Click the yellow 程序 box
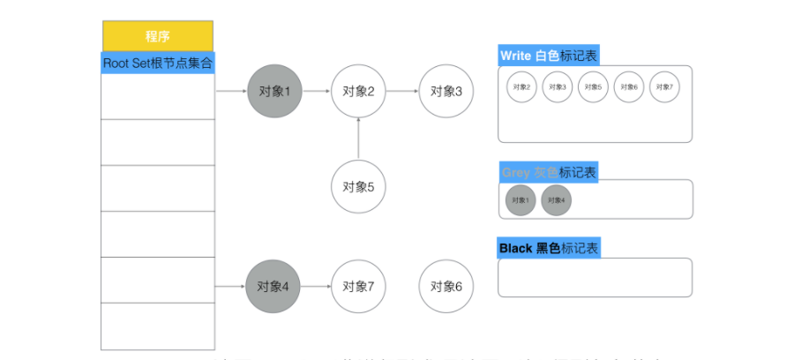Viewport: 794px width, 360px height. (x=158, y=36)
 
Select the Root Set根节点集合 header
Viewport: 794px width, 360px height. (x=158, y=64)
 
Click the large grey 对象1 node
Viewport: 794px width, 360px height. (x=274, y=91)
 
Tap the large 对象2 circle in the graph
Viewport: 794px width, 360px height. (x=358, y=91)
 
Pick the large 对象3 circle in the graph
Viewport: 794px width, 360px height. (x=446, y=91)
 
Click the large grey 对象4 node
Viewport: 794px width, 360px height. (x=273, y=287)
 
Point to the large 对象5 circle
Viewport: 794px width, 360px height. (x=358, y=187)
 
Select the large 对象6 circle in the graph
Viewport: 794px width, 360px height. (x=446, y=287)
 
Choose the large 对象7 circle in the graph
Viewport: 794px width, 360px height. (x=358, y=287)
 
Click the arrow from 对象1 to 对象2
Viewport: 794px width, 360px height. (x=316, y=91)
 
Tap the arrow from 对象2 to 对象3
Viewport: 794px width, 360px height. (x=401, y=91)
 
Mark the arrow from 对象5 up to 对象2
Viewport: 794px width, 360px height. (x=358, y=139)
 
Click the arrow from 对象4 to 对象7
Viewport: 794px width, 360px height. (x=315, y=287)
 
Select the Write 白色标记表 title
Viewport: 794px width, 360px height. (x=549, y=56)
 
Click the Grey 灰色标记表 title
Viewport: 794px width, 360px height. (x=548, y=172)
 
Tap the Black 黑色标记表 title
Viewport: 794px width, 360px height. (x=549, y=248)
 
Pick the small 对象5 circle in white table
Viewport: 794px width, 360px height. (x=592, y=87)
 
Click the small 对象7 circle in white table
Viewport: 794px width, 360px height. (x=664, y=87)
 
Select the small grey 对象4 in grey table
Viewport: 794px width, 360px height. (x=556, y=200)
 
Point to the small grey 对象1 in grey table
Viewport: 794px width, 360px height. (x=521, y=200)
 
